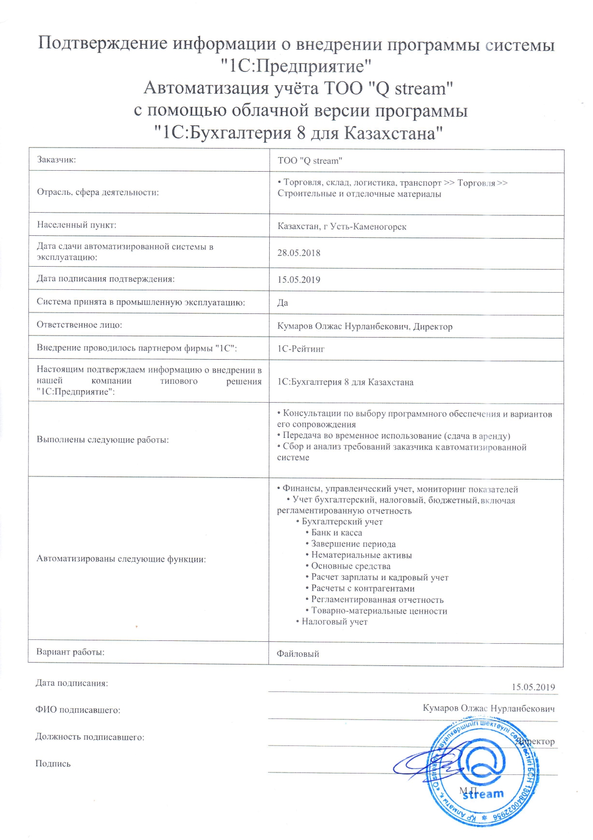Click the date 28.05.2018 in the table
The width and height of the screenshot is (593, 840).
299,253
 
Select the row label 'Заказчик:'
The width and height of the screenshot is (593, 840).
56,160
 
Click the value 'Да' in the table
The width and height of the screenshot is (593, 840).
283,303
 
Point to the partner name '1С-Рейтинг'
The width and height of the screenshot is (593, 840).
301,349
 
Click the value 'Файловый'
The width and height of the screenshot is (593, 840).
298,654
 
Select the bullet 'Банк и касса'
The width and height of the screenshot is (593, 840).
336,533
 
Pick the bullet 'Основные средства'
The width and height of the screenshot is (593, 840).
350,566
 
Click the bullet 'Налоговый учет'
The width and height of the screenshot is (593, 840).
334,622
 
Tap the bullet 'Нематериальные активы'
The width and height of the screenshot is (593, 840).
361,555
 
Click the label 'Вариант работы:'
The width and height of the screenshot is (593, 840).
70,652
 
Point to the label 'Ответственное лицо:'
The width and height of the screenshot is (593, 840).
79,325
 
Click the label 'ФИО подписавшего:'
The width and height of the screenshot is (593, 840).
78,710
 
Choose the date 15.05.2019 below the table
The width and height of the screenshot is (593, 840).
533,687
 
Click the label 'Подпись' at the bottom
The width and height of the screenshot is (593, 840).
53,764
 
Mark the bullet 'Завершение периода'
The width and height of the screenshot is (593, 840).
353,544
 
